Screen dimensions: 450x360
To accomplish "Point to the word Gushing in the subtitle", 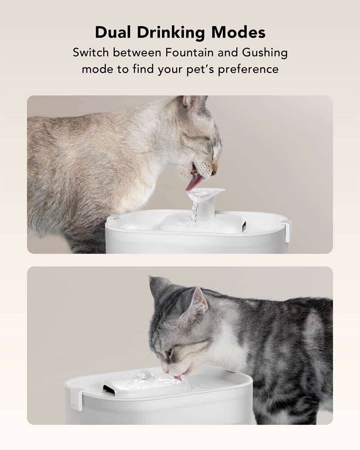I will [x=265, y=53].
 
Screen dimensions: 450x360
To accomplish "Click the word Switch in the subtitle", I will [x=91, y=52].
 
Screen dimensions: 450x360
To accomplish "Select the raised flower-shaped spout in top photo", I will [x=205, y=194].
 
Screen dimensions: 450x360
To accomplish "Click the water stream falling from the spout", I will [x=194, y=213].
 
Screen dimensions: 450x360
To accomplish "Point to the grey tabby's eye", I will [x=168, y=351].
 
